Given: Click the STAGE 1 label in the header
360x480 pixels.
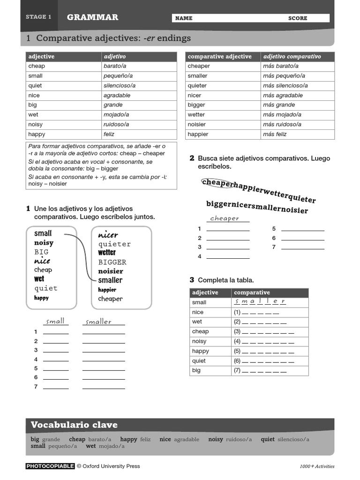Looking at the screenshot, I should [x=38, y=17].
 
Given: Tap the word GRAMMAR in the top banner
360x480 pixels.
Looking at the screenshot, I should [x=92, y=17].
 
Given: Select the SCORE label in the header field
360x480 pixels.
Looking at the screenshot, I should [x=298, y=18].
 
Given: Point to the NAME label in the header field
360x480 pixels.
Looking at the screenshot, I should [x=184, y=18].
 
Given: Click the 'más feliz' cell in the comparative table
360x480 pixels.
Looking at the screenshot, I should [x=275, y=134].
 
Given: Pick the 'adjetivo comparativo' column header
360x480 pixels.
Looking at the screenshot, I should [x=292, y=56].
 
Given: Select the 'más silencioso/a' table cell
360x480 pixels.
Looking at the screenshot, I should [x=285, y=85].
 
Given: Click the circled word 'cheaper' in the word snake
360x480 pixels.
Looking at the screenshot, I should [x=217, y=183].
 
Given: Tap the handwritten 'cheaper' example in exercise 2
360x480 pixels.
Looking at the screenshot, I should [x=225, y=218].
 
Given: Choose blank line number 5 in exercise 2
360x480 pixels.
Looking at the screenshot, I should [x=302, y=229].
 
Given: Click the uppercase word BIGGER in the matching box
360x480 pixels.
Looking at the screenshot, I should [x=112, y=262].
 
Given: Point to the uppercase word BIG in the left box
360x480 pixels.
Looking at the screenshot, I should [x=41, y=252].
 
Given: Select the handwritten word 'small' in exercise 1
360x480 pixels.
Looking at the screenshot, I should [x=55, y=321].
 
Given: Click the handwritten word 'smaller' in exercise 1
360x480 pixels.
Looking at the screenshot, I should [x=99, y=322].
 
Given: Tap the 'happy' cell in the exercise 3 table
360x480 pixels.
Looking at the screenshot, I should [x=201, y=351].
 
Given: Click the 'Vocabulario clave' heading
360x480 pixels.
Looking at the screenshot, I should [x=74, y=425].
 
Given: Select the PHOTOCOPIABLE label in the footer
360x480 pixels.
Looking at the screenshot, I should [x=50, y=466].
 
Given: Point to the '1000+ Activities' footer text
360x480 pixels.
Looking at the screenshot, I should [x=317, y=466].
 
